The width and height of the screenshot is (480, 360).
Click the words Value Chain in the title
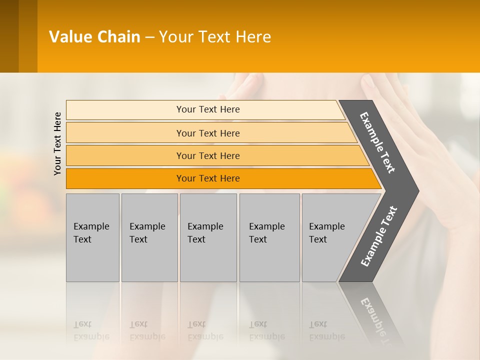click(94, 37)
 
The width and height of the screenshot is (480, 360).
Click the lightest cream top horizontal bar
click(125, 109)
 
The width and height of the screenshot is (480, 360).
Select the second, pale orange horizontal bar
click(125, 133)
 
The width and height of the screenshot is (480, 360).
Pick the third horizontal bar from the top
click(125, 155)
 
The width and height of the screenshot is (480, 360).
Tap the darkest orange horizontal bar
click(125, 178)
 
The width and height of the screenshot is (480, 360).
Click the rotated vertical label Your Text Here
click(57, 143)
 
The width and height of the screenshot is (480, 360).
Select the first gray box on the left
click(92, 260)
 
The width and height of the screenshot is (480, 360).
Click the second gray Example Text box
click(149, 260)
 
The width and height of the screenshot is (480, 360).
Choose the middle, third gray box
click(208, 260)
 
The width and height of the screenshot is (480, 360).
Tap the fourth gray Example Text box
click(269, 260)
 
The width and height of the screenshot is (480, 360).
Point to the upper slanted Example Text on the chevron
click(377, 142)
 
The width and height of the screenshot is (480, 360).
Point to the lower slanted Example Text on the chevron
click(378, 236)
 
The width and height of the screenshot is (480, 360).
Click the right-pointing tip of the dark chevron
click(415, 190)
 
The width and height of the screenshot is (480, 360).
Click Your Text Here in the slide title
click(215, 37)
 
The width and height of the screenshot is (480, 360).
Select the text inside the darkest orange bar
click(208, 178)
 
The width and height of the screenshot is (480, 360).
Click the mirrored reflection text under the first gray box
click(91, 330)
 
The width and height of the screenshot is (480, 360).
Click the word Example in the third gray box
click(205, 226)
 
